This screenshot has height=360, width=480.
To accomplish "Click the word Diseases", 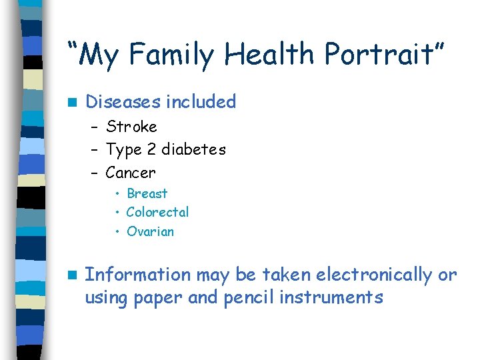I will [x=123, y=102].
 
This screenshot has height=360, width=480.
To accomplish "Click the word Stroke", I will [x=131, y=127].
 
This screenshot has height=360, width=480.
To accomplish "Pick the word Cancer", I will [x=131, y=173].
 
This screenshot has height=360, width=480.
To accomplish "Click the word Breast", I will [x=147, y=193].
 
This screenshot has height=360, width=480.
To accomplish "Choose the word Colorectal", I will [x=157, y=212].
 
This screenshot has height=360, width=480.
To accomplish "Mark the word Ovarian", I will [x=150, y=231].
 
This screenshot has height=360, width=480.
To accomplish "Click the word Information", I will [x=138, y=275].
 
